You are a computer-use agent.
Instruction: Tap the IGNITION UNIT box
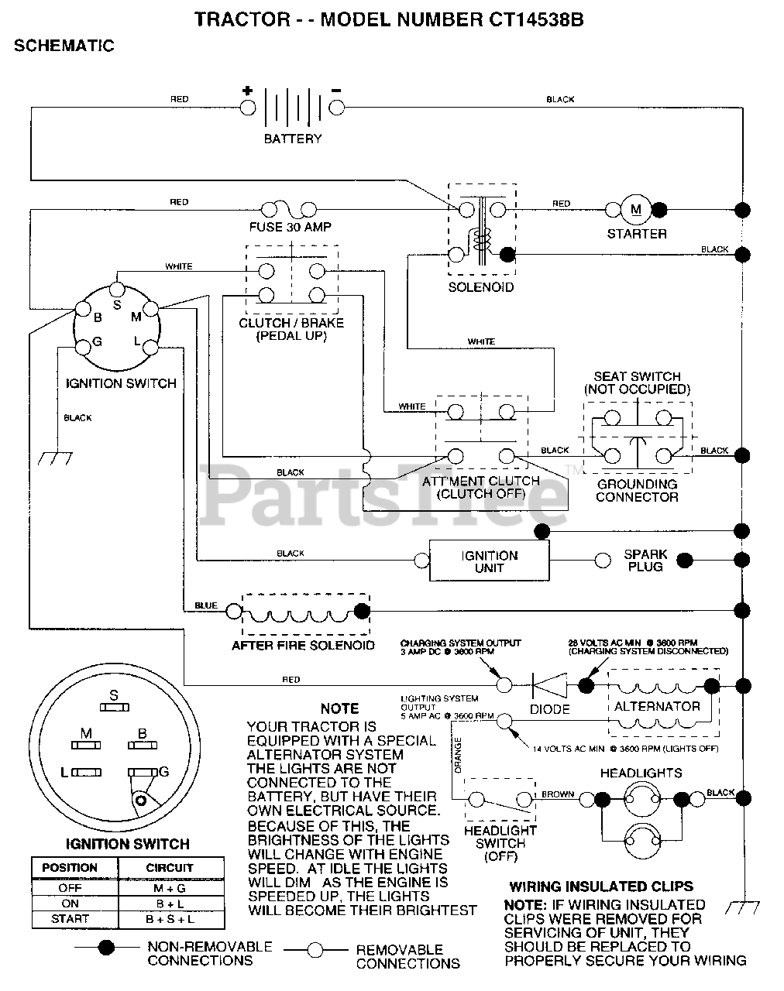[x=489, y=561]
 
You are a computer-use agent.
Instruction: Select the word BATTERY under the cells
[x=292, y=139]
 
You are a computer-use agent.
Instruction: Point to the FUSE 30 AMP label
[x=291, y=227]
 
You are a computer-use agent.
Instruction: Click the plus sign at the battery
[x=248, y=90]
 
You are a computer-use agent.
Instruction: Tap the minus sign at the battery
[x=336, y=90]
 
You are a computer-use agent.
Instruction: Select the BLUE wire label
[x=205, y=605]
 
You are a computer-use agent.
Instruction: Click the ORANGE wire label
[x=458, y=756]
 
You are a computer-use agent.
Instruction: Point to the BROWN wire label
[x=558, y=794]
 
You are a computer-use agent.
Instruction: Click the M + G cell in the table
[x=170, y=888]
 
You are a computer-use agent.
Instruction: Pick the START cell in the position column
[x=70, y=919]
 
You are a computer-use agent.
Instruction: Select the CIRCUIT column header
[x=170, y=868]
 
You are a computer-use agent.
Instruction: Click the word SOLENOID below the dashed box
[x=481, y=287]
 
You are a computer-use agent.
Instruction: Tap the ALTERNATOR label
[x=657, y=706]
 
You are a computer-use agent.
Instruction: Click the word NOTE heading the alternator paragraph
[x=339, y=708]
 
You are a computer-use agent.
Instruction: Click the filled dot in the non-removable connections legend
[x=107, y=947]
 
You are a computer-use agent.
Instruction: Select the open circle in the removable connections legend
[x=315, y=950]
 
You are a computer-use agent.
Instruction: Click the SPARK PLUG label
[x=645, y=561]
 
